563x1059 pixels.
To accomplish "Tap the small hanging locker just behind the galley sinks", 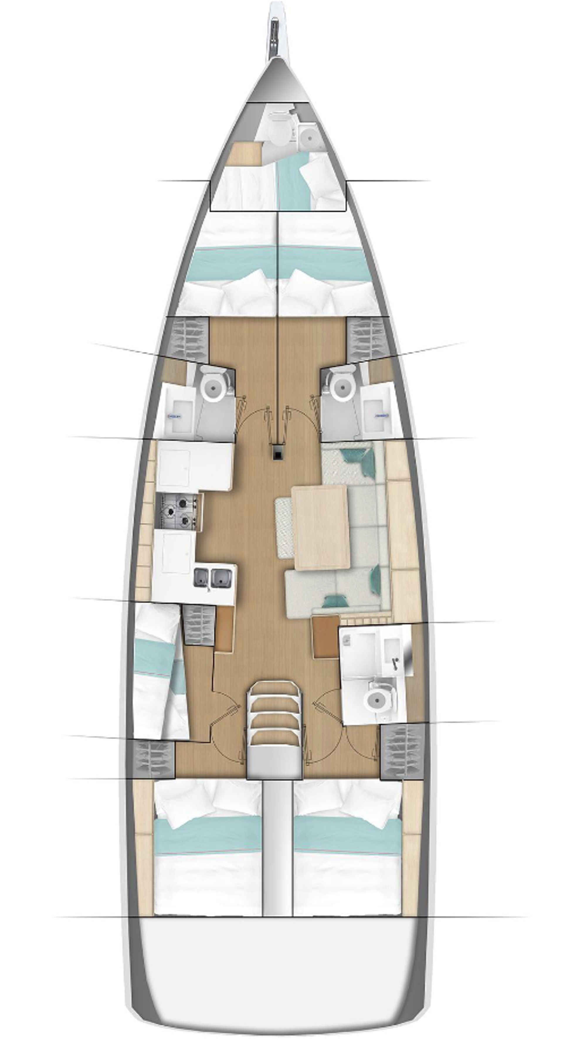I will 199,625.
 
